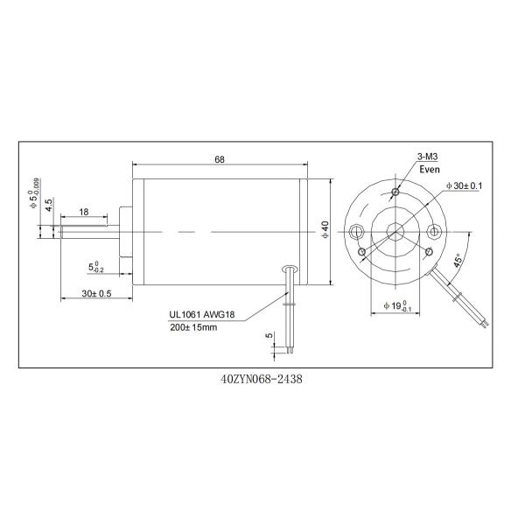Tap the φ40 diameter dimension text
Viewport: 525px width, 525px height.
[324, 231]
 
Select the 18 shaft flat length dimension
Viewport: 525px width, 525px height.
[83, 213]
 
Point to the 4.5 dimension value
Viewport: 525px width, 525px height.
[50, 206]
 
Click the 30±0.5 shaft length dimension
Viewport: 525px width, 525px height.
[96, 294]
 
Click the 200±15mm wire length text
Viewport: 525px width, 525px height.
[193, 327]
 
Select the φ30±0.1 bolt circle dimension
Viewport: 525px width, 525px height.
[464, 186]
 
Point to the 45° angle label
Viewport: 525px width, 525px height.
[458, 262]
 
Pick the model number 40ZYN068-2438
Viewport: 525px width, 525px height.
[262, 381]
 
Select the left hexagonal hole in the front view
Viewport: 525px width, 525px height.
[355, 232]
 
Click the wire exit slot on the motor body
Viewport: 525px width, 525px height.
[290, 272]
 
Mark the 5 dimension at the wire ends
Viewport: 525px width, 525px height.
[269, 336]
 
